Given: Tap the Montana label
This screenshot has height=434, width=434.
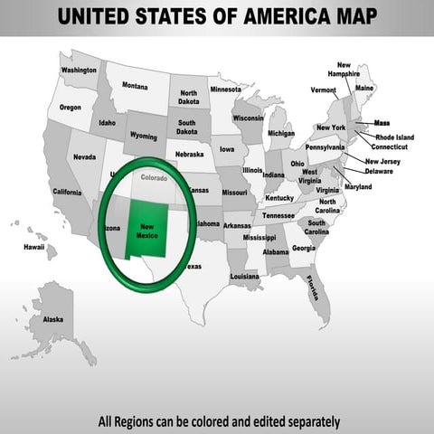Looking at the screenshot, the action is (x=135, y=86).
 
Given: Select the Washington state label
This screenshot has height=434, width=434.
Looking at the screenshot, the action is (x=79, y=70).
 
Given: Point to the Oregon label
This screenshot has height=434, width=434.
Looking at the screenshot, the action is (x=70, y=107).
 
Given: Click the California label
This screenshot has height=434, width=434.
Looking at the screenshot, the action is (x=67, y=192).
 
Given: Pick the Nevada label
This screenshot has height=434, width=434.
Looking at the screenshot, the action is (x=84, y=156).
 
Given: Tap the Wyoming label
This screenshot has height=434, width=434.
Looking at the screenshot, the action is (x=143, y=136).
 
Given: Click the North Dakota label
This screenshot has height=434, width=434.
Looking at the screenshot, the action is (x=188, y=98).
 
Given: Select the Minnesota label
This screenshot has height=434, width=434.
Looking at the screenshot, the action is (x=225, y=90).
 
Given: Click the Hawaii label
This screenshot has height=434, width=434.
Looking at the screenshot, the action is (x=34, y=246).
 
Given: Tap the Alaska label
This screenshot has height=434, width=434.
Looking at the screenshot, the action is (x=53, y=319).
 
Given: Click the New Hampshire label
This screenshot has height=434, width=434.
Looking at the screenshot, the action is (x=344, y=70).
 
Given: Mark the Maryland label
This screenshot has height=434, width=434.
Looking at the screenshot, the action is (x=357, y=186).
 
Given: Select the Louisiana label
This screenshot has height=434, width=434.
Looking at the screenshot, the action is (x=244, y=276).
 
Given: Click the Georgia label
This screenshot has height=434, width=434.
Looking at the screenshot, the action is (x=304, y=248).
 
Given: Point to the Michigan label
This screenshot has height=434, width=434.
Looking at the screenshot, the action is (x=280, y=133).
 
